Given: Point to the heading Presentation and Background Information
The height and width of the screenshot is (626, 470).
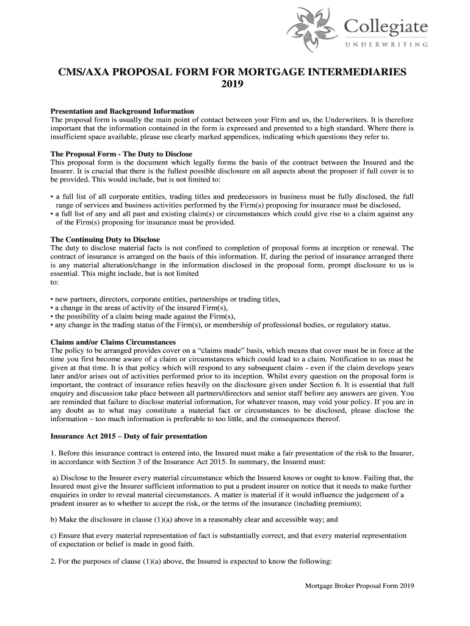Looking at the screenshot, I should click(122, 111).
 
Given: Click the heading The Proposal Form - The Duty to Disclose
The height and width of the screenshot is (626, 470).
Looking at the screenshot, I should click(121, 154).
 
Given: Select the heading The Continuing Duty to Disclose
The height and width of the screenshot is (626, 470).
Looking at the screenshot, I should click(105, 240).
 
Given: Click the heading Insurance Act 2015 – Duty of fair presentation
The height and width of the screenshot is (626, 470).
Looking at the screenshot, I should click(129, 436).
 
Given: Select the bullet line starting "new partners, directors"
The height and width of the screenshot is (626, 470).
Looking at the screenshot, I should click(165, 300).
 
